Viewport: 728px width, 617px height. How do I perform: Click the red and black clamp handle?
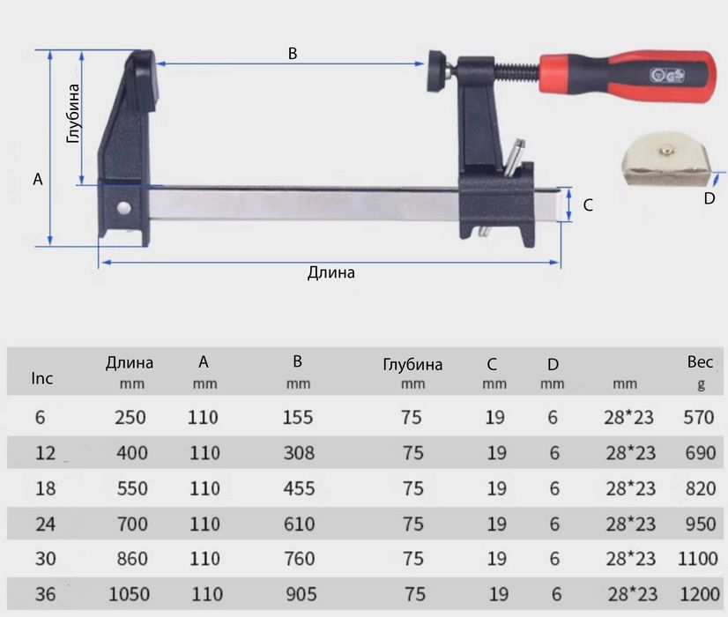pos(626,77)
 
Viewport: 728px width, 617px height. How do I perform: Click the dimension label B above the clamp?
pos(293,53)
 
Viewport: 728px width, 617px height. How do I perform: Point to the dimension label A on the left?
pos(37,179)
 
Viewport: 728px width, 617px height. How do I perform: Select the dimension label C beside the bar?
pos(588,205)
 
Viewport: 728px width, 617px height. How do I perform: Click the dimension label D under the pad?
pos(709,197)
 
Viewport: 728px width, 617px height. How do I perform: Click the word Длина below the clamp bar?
pos(331,272)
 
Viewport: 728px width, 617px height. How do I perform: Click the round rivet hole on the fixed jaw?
pos(124,208)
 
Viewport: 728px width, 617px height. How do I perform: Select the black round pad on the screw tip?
pos(437,71)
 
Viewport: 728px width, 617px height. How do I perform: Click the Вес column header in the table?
pos(700,362)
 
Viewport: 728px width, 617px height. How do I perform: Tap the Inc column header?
pos(42,378)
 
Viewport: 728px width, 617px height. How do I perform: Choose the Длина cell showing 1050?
pos(130,595)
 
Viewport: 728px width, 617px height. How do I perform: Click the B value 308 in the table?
pos(298,453)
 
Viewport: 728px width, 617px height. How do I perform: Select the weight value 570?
pos(699,417)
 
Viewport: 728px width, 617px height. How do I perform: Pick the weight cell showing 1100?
pos(699,559)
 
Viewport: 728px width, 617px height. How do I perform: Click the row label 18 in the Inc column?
pos(45,488)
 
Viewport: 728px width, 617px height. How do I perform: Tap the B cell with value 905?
pos(301,595)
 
